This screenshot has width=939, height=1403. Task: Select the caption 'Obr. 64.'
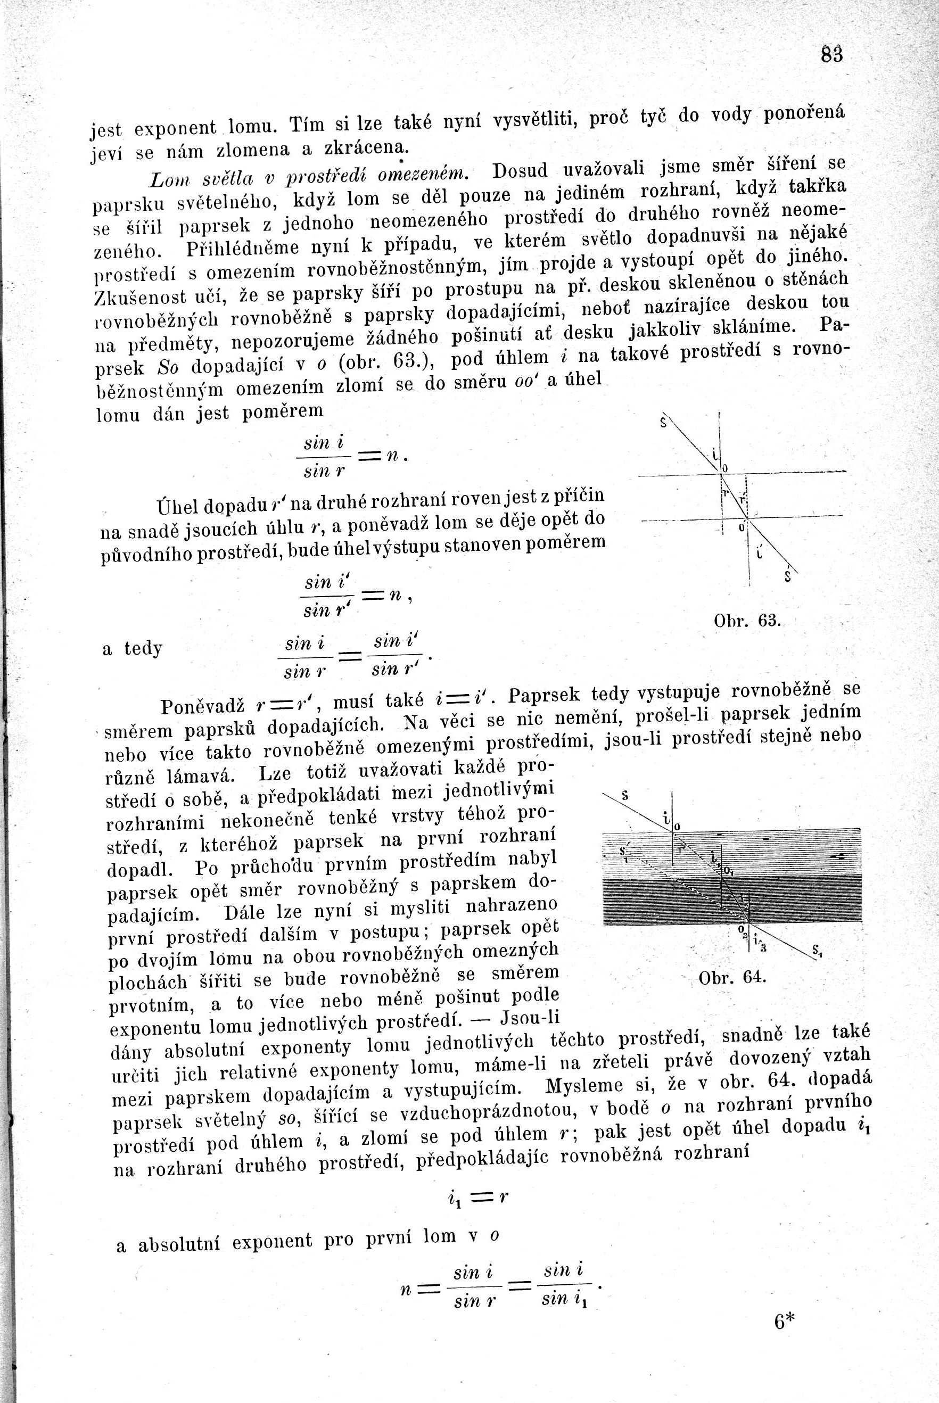732,977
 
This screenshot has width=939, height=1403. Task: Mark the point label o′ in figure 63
742,527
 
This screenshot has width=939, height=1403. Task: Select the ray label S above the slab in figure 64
625,795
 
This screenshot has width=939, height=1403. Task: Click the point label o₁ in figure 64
728,870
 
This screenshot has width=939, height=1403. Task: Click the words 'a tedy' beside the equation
133,648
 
